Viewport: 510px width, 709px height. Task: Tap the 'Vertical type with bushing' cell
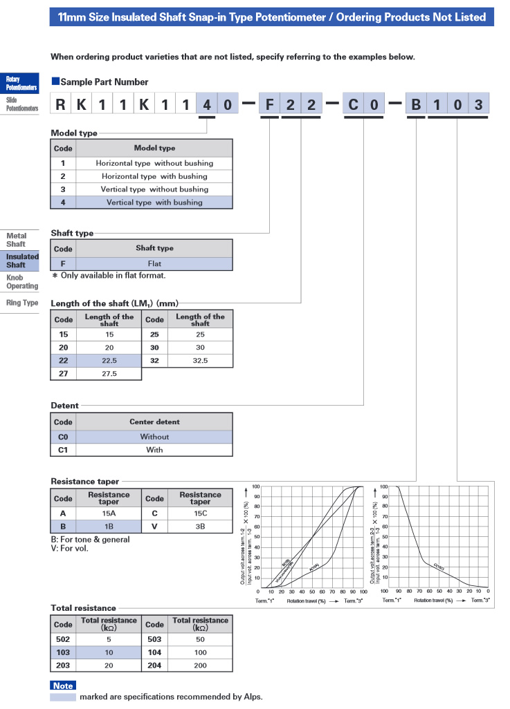click(x=154, y=202)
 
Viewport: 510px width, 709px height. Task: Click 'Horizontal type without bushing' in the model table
click(x=154, y=163)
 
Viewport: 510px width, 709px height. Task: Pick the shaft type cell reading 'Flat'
click(x=154, y=264)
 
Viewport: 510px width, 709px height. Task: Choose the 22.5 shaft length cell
click(x=109, y=361)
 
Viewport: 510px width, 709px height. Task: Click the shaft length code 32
click(x=154, y=361)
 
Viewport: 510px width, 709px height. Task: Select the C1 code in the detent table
click(x=63, y=449)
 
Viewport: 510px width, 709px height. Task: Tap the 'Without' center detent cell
click(x=154, y=437)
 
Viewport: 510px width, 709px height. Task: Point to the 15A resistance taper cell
click(x=109, y=513)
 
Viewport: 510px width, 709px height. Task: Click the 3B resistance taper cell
click(x=200, y=527)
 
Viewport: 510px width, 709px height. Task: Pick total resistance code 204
click(x=154, y=665)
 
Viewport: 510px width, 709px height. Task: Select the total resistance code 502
click(x=63, y=639)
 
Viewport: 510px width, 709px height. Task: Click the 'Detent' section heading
click(x=64, y=406)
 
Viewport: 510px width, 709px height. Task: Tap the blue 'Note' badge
click(x=63, y=686)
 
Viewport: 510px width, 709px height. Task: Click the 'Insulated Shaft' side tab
click(x=21, y=261)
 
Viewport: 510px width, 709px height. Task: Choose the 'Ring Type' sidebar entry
click(x=21, y=303)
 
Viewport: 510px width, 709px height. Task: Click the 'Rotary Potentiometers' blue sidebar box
click(x=21, y=84)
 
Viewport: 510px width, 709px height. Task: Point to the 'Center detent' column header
click(x=154, y=422)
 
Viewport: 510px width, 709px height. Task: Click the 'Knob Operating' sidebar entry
click(x=21, y=282)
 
